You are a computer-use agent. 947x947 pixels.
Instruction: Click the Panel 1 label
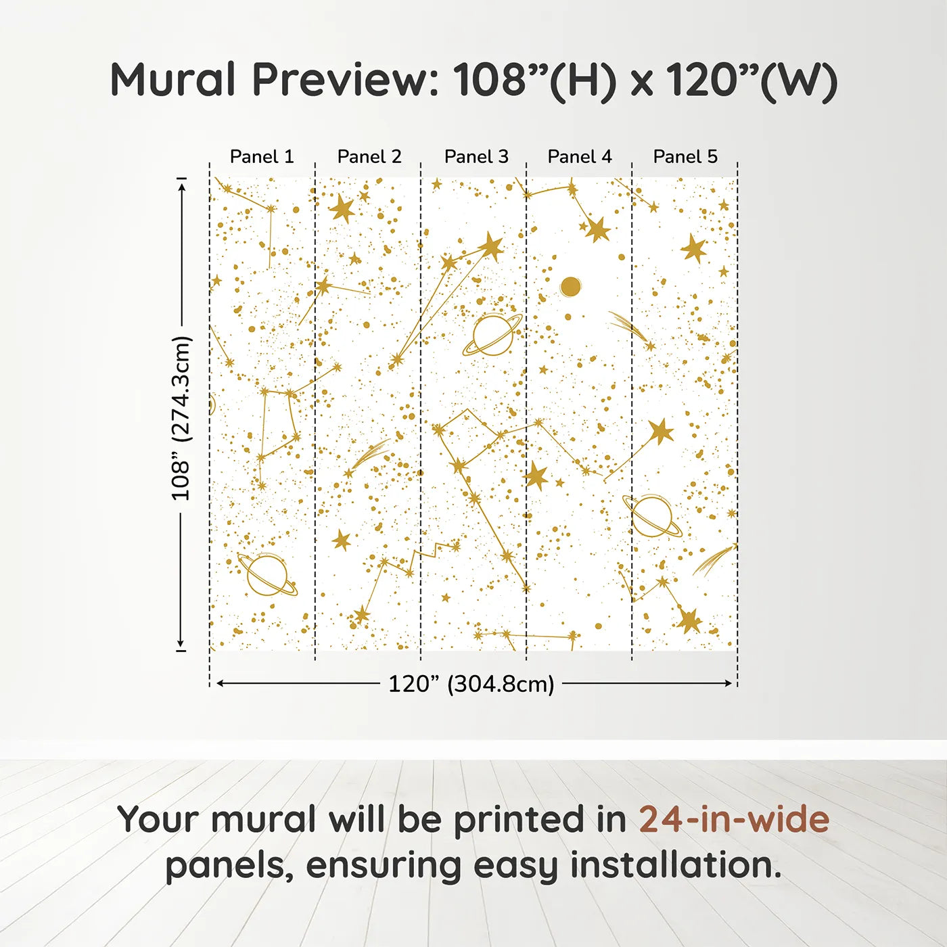262,157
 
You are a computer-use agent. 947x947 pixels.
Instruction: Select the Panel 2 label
369,157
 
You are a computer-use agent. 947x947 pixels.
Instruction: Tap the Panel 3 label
476,157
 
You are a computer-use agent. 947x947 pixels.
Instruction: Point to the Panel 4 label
580,157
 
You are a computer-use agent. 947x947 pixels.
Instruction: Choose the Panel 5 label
685,157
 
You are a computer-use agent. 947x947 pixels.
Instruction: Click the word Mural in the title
172,80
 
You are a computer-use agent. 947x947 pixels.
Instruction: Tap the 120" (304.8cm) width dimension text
471,684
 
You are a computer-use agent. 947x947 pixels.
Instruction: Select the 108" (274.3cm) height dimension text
181,418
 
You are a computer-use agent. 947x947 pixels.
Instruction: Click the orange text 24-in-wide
734,819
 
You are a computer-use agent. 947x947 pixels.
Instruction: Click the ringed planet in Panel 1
267,575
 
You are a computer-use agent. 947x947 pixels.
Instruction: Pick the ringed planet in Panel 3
492,334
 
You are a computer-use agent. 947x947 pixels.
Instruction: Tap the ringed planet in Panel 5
652,517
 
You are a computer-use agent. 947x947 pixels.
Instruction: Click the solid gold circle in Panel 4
570,287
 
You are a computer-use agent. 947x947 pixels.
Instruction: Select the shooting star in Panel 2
369,456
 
